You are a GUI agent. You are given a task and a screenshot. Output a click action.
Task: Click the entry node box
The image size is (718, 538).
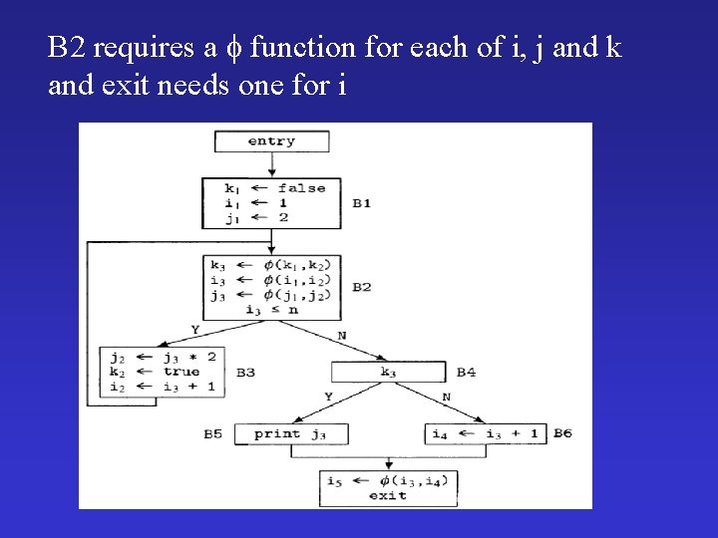point(271,141)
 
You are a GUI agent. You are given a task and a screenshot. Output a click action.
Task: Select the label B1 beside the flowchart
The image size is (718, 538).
point(361,203)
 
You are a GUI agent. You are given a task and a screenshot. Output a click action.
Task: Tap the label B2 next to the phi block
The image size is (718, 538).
point(361,287)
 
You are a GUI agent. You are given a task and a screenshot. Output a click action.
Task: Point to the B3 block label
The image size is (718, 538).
point(245,372)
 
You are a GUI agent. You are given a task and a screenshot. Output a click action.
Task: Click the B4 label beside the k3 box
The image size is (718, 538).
point(466,372)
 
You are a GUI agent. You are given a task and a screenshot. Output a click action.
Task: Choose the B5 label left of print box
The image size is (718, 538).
point(214,433)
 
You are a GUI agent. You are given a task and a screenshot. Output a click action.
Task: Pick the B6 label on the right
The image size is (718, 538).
point(562,433)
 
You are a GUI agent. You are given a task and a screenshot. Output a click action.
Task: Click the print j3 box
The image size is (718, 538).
point(289,433)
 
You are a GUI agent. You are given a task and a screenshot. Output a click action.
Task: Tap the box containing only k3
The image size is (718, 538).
point(388,372)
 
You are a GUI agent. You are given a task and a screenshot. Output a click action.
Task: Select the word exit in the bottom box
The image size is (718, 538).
point(387,495)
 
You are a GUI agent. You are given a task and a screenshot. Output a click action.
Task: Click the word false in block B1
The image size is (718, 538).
point(301,188)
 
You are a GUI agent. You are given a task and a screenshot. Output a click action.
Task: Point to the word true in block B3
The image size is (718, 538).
point(181,372)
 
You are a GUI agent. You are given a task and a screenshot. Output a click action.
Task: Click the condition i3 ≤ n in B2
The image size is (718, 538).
point(271,309)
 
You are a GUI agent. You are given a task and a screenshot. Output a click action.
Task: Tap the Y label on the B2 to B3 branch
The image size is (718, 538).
point(193,330)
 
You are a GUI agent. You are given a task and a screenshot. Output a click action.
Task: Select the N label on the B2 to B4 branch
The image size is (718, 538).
point(341,336)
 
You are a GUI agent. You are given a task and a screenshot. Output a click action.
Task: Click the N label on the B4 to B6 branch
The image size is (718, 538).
point(446,397)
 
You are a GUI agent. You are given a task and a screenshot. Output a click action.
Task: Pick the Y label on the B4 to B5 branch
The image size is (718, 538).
point(329,397)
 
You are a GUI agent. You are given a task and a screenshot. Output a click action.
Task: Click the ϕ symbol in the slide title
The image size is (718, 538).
point(238,47)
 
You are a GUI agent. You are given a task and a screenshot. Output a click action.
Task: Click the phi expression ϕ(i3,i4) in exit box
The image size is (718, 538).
point(410,481)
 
